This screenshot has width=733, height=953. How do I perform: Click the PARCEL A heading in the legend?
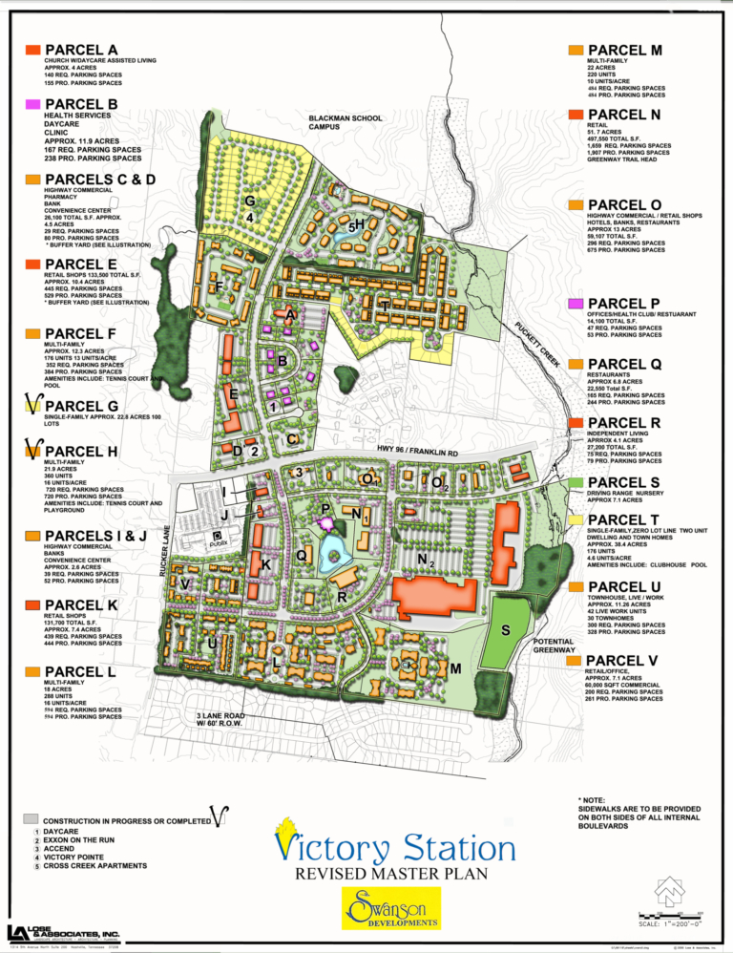tap(81, 49)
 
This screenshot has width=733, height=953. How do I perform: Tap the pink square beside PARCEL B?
tap(32, 103)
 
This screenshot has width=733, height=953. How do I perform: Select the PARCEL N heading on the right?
tap(624, 114)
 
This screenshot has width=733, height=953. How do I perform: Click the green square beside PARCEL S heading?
tap(575, 482)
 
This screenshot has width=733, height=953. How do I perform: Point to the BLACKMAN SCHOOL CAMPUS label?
tap(345, 123)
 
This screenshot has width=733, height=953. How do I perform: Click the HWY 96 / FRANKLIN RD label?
tap(418, 451)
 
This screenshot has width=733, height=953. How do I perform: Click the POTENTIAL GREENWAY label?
tap(554, 646)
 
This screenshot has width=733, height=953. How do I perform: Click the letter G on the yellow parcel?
tap(249, 201)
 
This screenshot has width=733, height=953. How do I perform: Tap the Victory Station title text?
tap(395, 846)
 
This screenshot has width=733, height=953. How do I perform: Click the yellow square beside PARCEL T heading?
tap(575, 519)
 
